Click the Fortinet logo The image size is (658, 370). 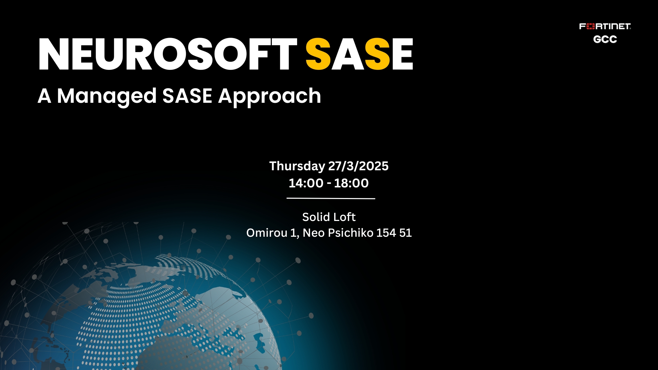(605, 26)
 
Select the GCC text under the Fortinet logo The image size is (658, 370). (605, 39)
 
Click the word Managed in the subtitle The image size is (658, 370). (107, 96)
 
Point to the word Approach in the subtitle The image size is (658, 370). (270, 96)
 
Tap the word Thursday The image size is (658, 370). (297, 166)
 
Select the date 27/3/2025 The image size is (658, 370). (358, 166)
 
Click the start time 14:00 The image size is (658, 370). (306, 183)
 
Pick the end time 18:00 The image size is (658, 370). (351, 183)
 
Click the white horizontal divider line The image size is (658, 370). (331, 198)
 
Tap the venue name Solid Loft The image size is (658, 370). (329, 217)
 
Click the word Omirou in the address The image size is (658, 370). (267, 233)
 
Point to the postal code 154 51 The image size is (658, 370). (394, 233)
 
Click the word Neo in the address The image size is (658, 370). (314, 233)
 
